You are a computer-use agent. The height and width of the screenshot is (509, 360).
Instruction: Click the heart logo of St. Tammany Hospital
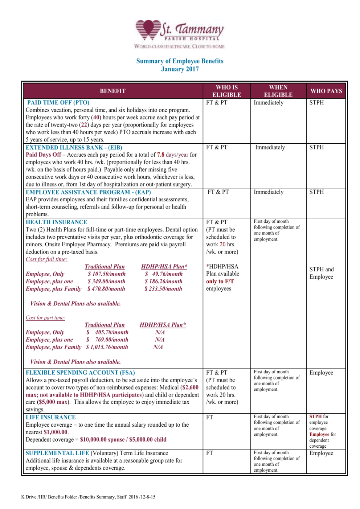pyautogui.click(x=148, y=29)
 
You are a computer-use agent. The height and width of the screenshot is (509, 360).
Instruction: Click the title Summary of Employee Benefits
pyautogui.click(x=180, y=61)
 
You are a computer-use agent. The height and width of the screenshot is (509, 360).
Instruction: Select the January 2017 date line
pyautogui.click(x=180, y=69)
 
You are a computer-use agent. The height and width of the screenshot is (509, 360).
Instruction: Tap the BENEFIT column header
pyautogui.click(x=112, y=91)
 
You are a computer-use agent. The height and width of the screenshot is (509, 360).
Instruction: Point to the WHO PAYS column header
pyautogui.click(x=326, y=91)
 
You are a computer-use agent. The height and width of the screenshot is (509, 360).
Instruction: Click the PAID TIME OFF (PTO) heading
pyautogui.click(x=58, y=103)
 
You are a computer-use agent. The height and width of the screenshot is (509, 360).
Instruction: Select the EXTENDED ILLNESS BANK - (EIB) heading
pyautogui.click(x=74, y=148)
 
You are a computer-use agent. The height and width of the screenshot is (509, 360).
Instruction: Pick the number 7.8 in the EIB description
pyautogui.click(x=160, y=155)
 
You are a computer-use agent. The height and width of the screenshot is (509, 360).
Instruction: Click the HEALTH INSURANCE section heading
pyautogui.click(x=56, y=222)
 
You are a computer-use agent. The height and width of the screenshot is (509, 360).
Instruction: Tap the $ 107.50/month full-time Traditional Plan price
pyautogui.click(x=106, y=274)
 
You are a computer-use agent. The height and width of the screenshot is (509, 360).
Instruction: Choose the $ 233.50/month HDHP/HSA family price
pyautogui.click(x=163, y=289)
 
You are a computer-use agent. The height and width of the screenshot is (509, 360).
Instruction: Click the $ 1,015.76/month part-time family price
pyautogui.click(x=107, y=347)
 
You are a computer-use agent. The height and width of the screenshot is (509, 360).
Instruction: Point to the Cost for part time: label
pyautogui.click(x=45, y=318)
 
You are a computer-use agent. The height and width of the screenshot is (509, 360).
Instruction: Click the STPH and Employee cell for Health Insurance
pyautogui.click(x=321, y=273)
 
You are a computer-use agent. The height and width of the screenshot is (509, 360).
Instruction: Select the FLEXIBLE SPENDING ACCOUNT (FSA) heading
pyautogui.click(x=80, y=373)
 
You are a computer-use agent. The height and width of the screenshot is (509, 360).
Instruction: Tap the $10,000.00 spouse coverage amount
pyautogui.click(x=102, y=439)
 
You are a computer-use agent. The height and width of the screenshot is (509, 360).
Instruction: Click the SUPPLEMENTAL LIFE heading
pyautogui.click(x=57, y=453)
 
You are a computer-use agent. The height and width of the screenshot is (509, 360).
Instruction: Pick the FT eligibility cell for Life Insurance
pyautogui.click(x=209, y=417)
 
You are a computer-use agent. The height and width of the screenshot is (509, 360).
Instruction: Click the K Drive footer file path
pyautogui.click(x=88, y=497)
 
